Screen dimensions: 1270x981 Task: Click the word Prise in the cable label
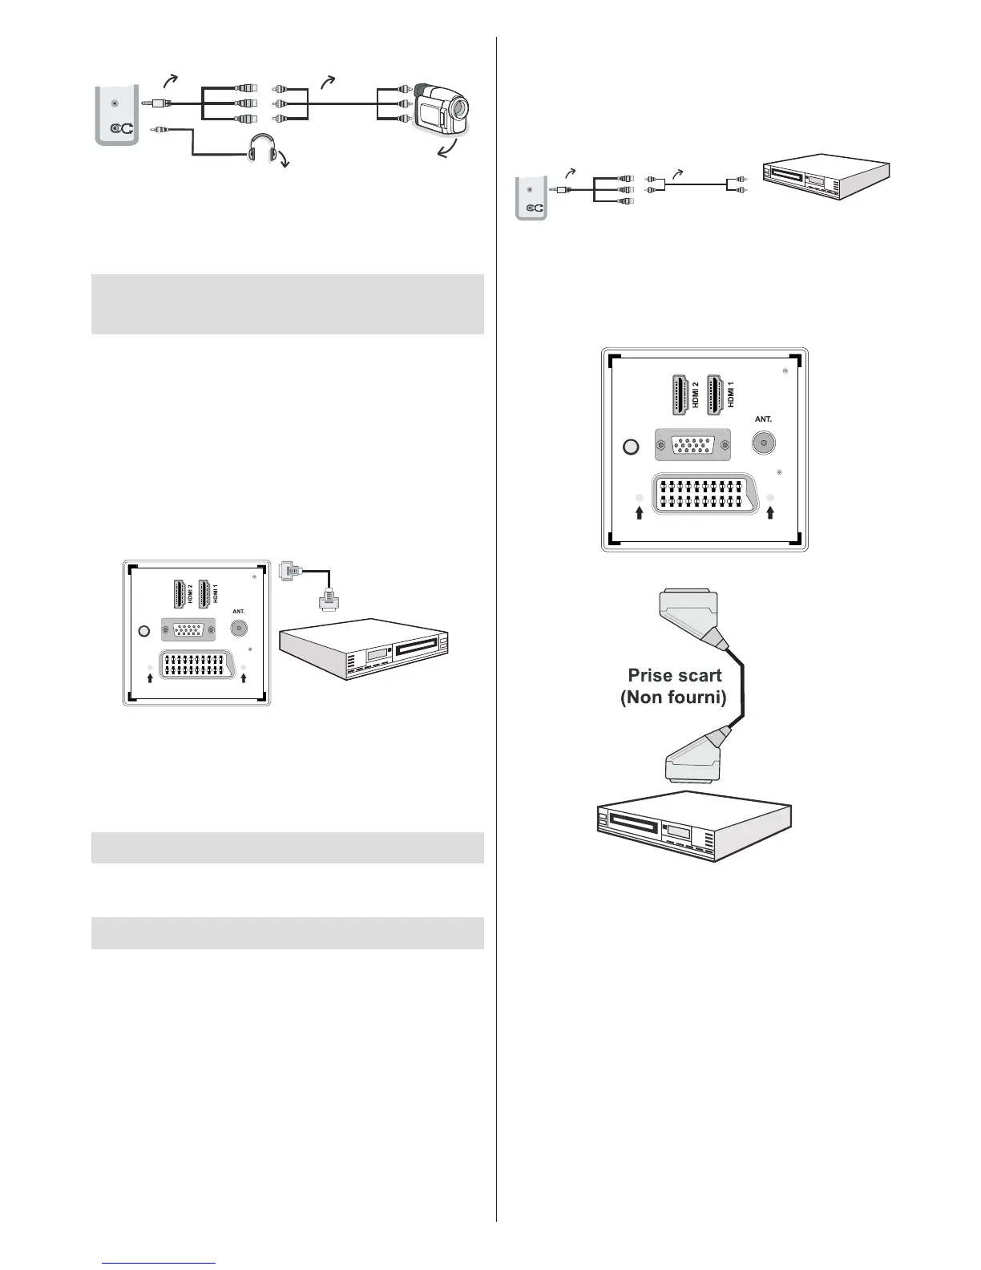pyautogui.click(x=650, y=675)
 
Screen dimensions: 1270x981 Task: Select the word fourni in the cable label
pyautogui.click(x=696, y=697)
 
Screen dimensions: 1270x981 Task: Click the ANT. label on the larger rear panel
pyautogui.click(x=763, y=419)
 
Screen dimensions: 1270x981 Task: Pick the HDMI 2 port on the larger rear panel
pyautogui.click(x=678, y=394)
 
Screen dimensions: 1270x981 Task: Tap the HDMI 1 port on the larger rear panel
pyautogui.click(x=718, y=394)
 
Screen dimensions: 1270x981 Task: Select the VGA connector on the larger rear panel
pyautogui.click(x=692, y=444)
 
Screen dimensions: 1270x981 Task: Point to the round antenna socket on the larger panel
pyautogui.click(x=764, y=443)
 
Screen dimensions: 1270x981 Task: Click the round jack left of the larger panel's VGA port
pyautogui.click(x=632, y=447)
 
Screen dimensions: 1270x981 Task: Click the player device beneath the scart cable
pyautogui.click(x=694, y=825)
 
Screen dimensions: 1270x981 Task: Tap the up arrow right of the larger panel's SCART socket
pyautogui.click(x=770, y=512)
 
